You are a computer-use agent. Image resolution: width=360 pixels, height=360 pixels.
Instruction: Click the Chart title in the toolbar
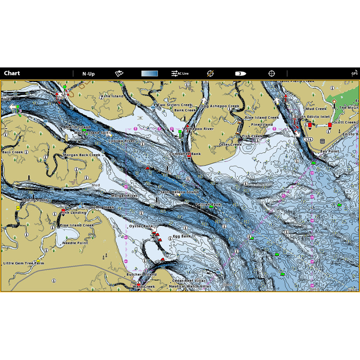tap(12, 73)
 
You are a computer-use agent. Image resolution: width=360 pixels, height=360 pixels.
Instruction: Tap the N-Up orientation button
tap(88, 74)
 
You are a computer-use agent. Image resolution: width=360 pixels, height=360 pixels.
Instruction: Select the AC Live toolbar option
tap(180, 73)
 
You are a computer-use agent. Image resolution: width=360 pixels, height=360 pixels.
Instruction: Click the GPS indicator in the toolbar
tap(355, 73)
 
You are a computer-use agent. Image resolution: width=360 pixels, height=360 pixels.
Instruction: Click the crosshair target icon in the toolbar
tap(271, 73)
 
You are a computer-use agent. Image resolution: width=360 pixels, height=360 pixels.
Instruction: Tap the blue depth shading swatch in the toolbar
tap(149, 73)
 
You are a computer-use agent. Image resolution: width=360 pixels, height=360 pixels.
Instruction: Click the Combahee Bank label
tap(185, 154)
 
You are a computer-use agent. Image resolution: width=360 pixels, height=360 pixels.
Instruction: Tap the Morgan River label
tap(124, 196)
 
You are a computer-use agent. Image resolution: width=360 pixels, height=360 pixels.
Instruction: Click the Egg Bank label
tap(182, 236)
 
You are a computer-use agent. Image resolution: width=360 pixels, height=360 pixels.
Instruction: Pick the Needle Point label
tap(75, 243)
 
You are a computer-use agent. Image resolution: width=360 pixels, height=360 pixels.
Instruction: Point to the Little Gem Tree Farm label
tap(24, 263)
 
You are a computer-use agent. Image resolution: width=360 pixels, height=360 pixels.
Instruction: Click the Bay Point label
tap(329, 152)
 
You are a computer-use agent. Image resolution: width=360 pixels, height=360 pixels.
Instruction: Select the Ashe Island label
tap(112, 96)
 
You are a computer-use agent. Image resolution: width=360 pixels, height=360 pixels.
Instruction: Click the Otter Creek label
tap(230, 145)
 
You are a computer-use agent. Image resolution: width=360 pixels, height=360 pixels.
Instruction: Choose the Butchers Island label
tap(141, 275)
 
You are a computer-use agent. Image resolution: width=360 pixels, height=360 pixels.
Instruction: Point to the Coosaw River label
tap(122, 141)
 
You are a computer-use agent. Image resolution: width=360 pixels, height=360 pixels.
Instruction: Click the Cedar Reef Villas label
tap(189, 280)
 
